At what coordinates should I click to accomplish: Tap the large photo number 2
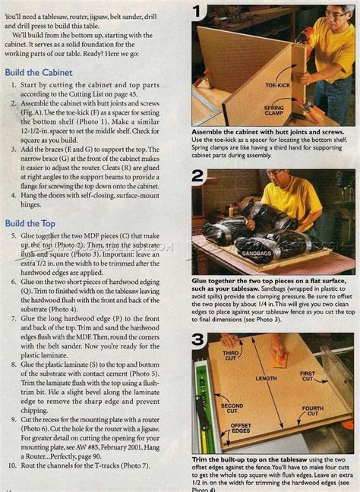[x=198, y=177]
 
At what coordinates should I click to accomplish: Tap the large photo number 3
[x=198, y=339]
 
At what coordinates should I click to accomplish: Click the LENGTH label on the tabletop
[x=266, y=378]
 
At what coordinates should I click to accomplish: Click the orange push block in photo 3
[x=279, y=352]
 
